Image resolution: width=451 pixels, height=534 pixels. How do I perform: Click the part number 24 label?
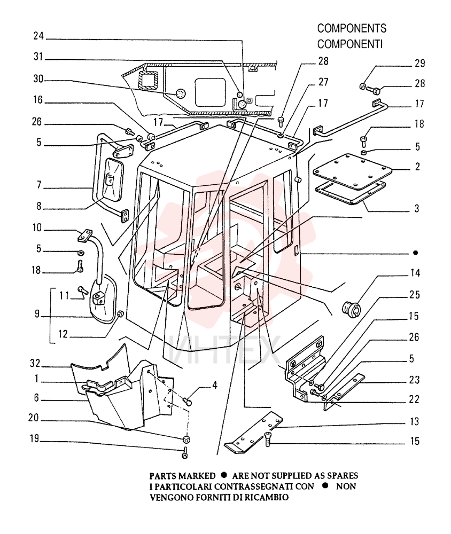pyautogui.click(x=38, y=36)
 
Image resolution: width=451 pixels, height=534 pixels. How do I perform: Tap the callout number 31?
pyautogui.click(x=38, y=57)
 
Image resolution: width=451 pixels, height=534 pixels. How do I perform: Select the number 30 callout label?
pyautogui.click(x=38, y=79)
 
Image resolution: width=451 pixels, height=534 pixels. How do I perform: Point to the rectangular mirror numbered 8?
pyautogui.click(x=112, y=180)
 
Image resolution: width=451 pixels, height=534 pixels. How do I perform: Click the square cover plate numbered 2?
pyautogui.click(x=353, y=172)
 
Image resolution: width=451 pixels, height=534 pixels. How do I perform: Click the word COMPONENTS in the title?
pyautogui.click(x=352, y=28)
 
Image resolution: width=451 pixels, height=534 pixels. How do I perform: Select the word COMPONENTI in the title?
pyautogui.click(x=350, y=44)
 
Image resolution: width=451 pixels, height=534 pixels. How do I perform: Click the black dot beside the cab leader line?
pyautogui.click(x=415, y=253)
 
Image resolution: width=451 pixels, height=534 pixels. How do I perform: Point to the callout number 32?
pyautogui.click(x=35, y=363)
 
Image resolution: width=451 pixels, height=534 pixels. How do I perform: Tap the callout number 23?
pyautogui.click(x=414, y=380)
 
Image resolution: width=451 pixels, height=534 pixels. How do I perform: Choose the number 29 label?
pyautogui.click(x=420, y=64)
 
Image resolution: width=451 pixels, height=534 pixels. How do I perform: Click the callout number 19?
pyautogui.click(x=34, y=438)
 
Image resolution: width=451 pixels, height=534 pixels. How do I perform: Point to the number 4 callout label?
pyautogui.click(x=215, y=385)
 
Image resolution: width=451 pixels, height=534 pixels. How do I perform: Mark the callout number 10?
pyautogui.click(x=37, y=227)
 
